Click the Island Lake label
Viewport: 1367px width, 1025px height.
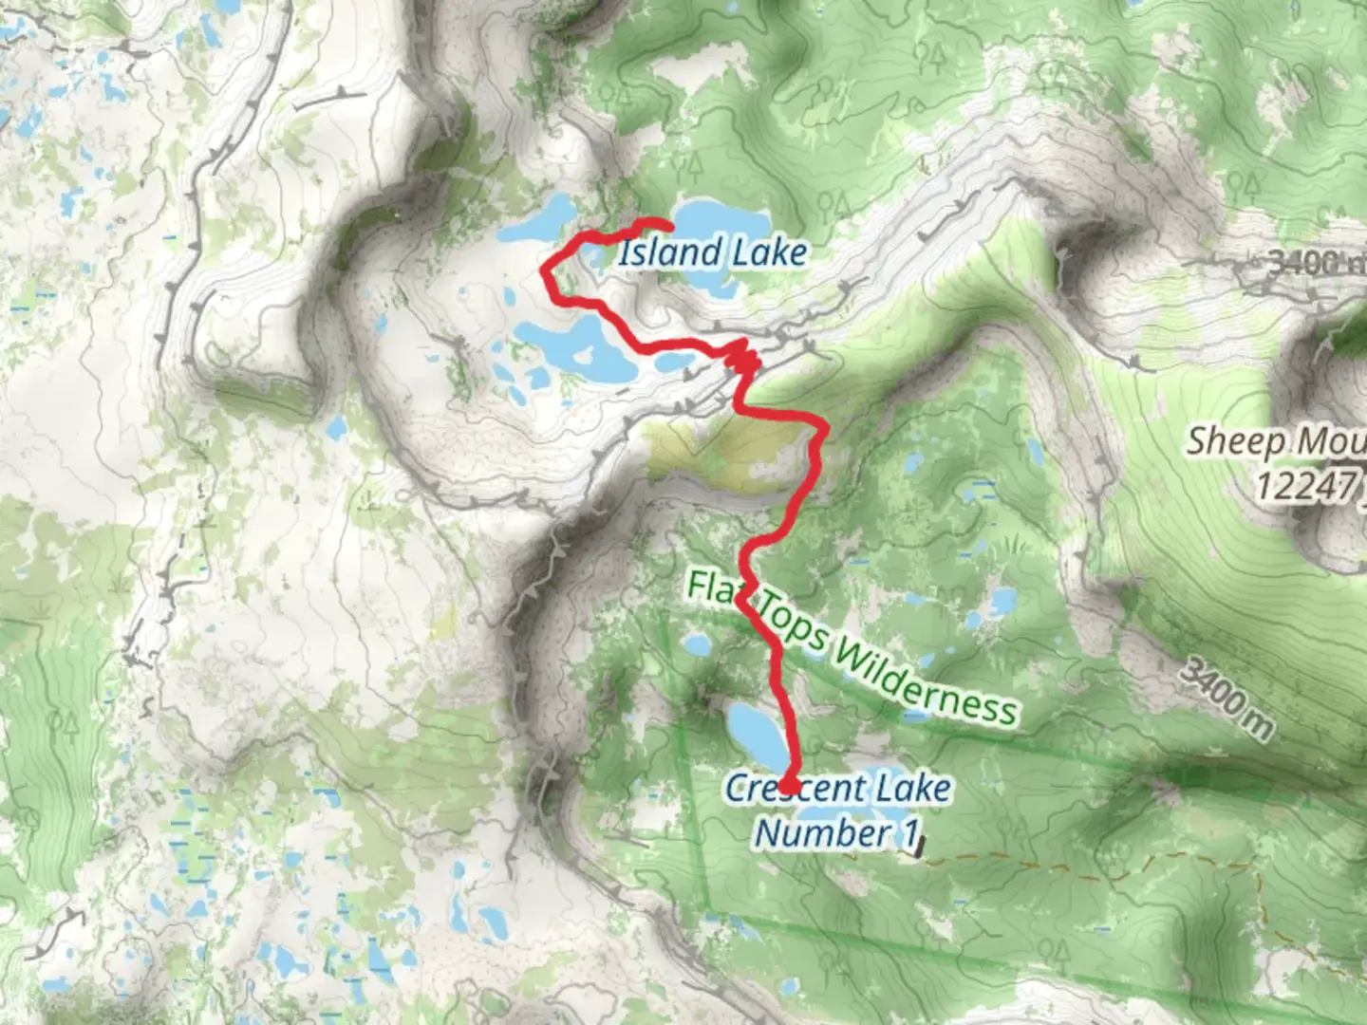pos(713,252)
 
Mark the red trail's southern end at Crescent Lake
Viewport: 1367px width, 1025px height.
pos(788,786)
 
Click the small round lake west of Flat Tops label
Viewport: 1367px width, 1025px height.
pos(698,645)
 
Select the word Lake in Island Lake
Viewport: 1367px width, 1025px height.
pos(769,252)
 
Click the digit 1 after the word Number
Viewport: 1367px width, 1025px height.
pos(910,833)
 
